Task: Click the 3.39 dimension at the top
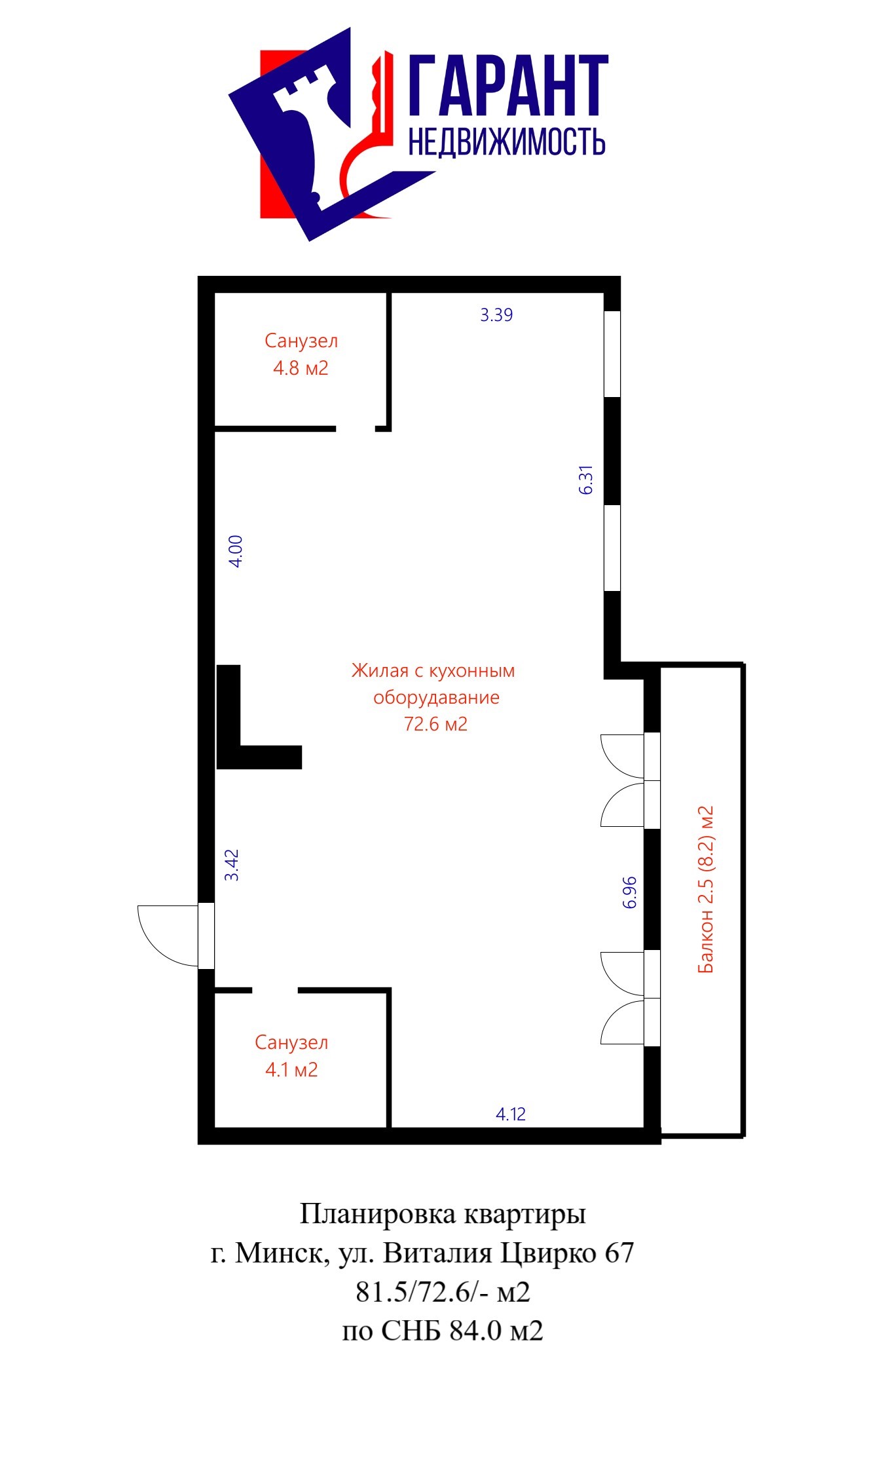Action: point(496,315)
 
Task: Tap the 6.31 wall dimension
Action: point(586,480)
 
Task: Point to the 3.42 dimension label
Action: point(232,865)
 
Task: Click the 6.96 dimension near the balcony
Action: point(629,892)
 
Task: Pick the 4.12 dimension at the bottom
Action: point(511,1114)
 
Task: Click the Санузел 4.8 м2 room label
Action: point(301,354)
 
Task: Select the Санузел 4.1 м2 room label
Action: point(291,1056)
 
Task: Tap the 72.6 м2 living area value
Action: point(436,724)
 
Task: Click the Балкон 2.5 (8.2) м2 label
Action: point(705,890)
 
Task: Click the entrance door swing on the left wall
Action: point(168,936)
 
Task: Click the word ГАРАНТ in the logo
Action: point(508,85)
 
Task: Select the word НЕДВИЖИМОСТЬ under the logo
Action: point(507,141)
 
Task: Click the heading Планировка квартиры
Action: point(443,1214)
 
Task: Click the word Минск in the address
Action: point(278,1253)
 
